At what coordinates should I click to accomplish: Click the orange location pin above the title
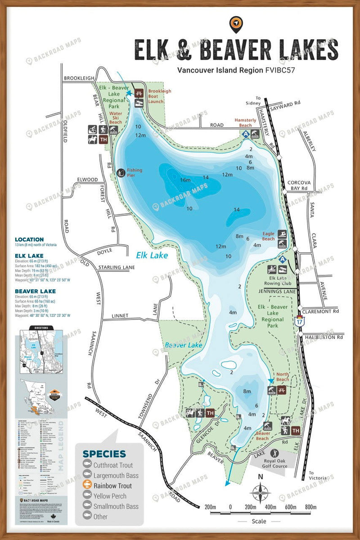pos(236,23)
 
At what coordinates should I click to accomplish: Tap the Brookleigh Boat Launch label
pos(160,96)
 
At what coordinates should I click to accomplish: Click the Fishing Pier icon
pos(121,172)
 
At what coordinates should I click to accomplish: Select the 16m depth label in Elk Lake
pos(185,180)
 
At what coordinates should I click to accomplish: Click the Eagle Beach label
pos(269,236)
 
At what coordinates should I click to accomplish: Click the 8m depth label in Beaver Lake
pos(247,391)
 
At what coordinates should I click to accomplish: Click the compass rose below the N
pos(260,493)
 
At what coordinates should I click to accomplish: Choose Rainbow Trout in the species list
pos(113,486)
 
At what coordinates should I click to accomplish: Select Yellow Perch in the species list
pos(110,496)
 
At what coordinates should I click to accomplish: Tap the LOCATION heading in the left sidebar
pos(29,239)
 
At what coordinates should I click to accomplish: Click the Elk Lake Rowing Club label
pos(278,281)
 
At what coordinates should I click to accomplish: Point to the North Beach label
pos(282,377)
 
